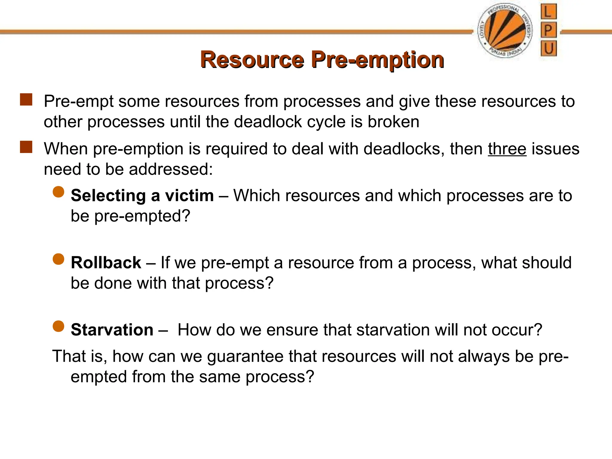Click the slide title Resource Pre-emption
point(322,60)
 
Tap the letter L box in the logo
point(548,12)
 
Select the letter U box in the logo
point(549,48)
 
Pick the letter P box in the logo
point(548,30)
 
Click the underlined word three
point(507,149)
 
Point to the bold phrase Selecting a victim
point(142,196)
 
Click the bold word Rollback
point(106,263)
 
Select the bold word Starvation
point(112,330)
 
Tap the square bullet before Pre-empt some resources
point(26,100)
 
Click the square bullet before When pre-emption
point(26,147)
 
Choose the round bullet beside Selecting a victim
point(59,192)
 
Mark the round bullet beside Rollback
point(59,259)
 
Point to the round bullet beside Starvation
point(59,326)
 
